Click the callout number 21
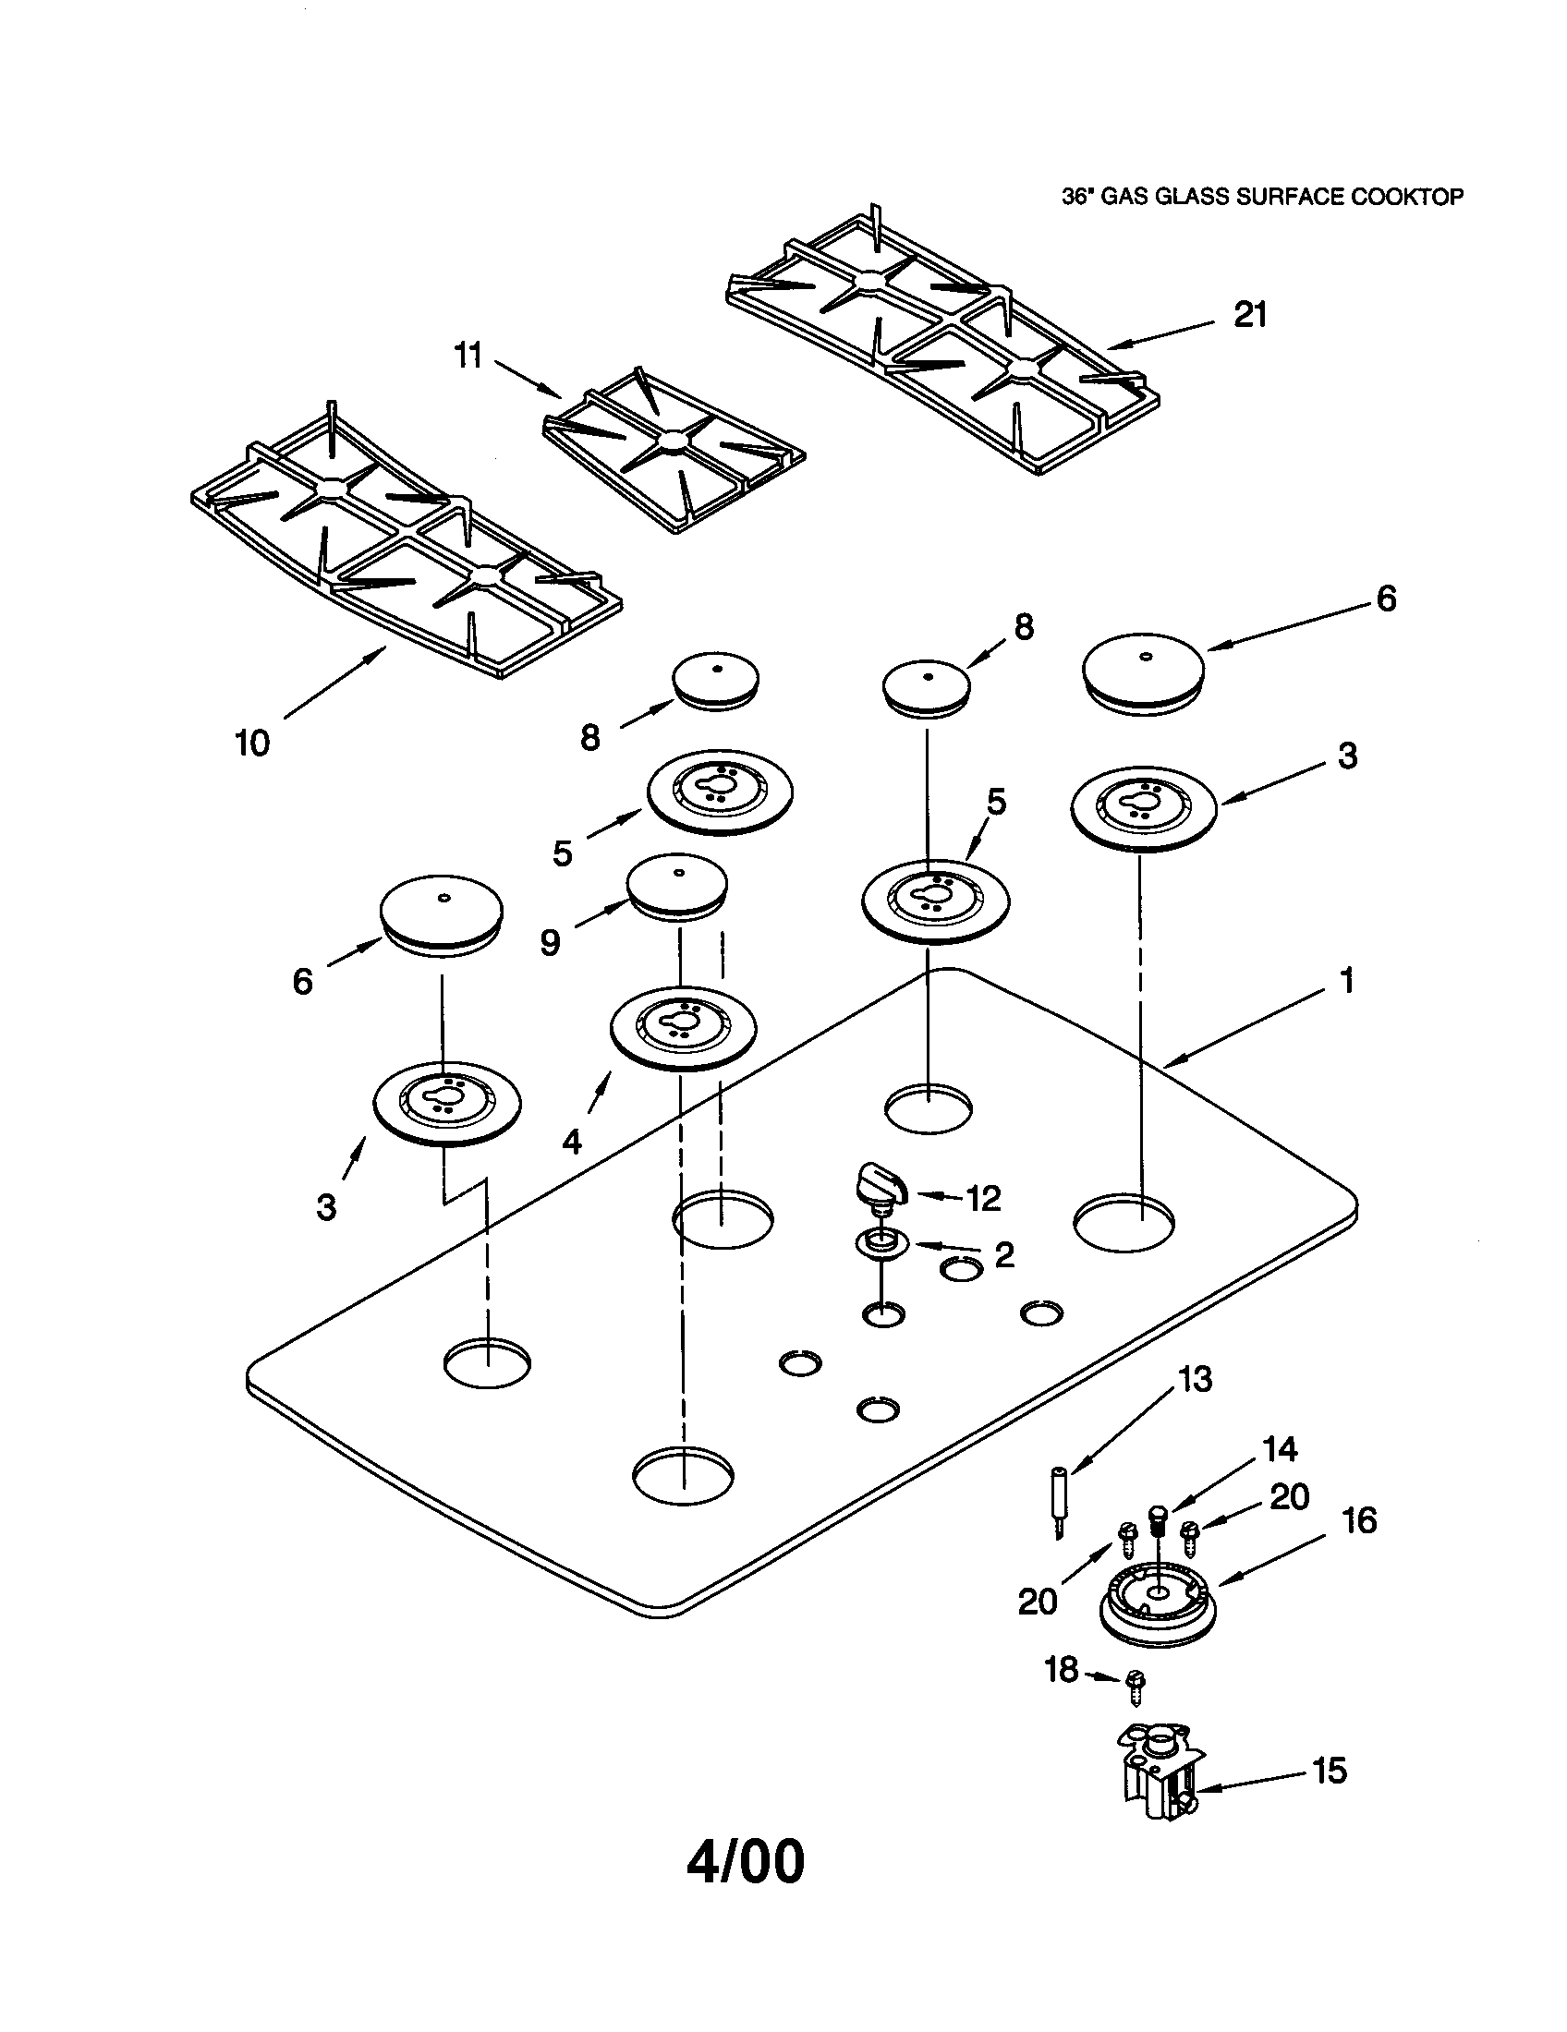pyautogui.click(x=1250, y=315)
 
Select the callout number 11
pyautogui.click(x=468, y=355)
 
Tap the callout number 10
pyautogui.click(x=251, y=743)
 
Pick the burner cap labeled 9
pyautogui.click(x=677, y=889)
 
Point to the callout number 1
pyautogui.click(x=1346, y=980)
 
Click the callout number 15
pyautogui.click(x=1329, y=1770)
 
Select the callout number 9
pyautogui.click(x=550, y=943)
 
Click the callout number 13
pyautogui.click(x=1195, y=1379)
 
